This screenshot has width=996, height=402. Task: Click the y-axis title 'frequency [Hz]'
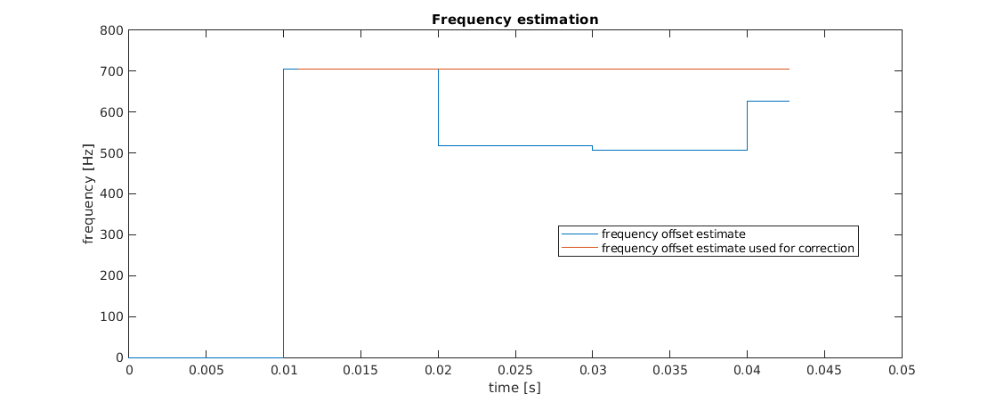click(89, 194)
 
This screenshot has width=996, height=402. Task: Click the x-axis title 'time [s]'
click(514, 388)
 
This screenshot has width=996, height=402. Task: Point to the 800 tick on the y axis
click(113, 30)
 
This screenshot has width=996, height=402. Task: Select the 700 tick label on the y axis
click(113, 71)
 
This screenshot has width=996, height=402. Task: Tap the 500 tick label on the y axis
click(113, 153)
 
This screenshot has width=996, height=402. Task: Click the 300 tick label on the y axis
click(113, 235)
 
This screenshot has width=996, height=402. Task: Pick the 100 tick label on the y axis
click(113, 317)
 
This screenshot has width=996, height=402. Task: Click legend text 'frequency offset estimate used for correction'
click(728, 249)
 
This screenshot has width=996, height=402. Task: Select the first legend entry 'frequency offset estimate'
click(673, 234)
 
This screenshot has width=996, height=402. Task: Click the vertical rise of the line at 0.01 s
click(283, 214)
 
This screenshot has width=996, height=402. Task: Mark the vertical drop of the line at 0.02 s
click(438, 107)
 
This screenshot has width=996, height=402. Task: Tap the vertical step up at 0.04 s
click(747, 126)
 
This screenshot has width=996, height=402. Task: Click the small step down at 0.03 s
click(592, 148)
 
